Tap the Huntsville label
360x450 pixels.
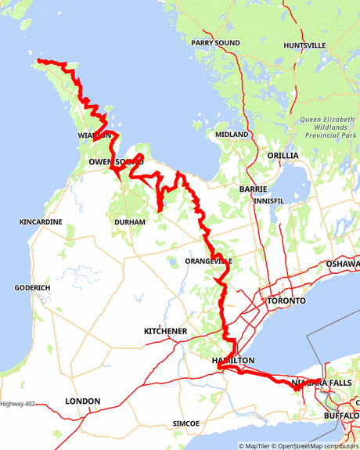tap(304, 45)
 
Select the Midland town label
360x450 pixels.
tap(232, 135)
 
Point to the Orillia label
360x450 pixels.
tap(283, 156)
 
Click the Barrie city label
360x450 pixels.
tap(254, 189)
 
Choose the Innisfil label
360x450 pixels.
tap(269, 201)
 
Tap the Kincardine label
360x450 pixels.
tap(41, 222)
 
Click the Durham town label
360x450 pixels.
tap(130, 222)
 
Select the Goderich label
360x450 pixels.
tap(32, 288)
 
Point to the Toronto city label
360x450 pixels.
tap(286, 301)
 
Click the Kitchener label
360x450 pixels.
tap(165, 332)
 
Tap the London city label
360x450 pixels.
tap(82, 401)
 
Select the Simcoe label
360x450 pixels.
tap(186, 423)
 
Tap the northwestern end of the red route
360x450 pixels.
tap(39, 61)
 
